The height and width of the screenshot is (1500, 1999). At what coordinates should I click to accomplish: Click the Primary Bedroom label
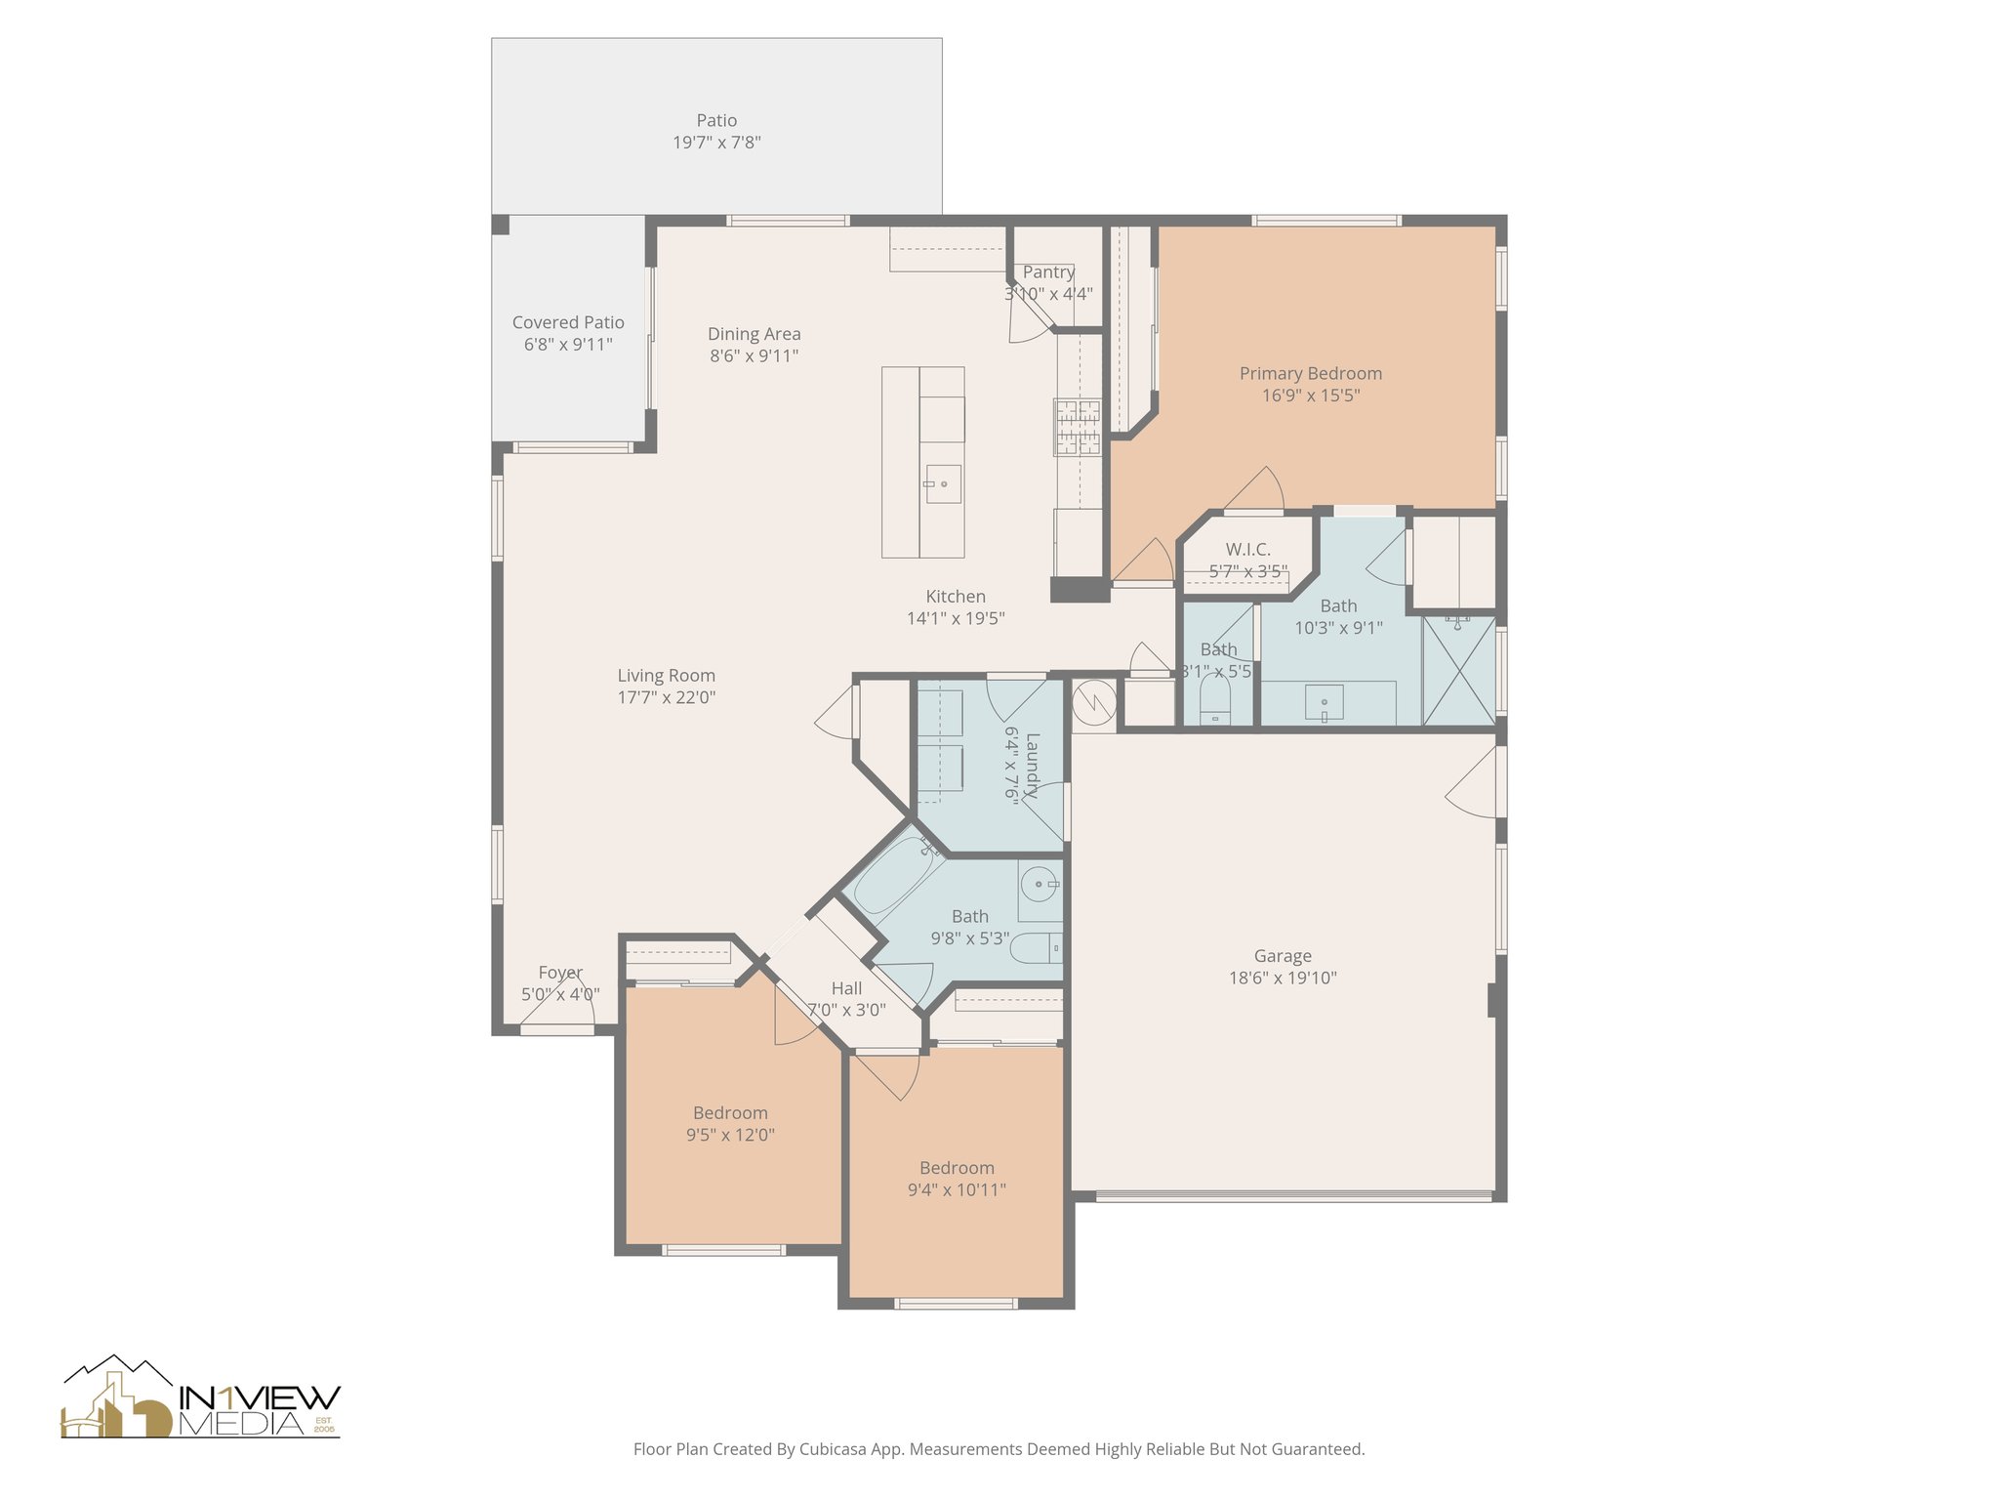coord(1310,373)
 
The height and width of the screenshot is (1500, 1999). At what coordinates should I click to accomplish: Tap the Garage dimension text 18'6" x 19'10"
coord(1283,978)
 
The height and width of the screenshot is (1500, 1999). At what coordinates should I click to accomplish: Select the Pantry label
coord(1048,271)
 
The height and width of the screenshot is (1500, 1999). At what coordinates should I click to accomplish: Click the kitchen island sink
coord(943,483)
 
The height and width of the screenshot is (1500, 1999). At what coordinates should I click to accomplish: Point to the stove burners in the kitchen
coord(1078,427)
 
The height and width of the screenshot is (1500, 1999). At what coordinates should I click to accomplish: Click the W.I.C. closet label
coord(1248,550)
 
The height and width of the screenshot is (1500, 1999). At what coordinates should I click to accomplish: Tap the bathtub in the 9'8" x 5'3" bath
coord(896,874)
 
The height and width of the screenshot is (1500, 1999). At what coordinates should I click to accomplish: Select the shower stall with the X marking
coord(1458,670)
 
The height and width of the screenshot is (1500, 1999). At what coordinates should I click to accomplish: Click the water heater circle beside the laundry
coord(1092,700)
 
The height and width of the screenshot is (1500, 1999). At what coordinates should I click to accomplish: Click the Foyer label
coord(560,973)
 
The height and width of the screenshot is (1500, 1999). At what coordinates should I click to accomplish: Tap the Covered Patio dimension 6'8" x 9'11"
coord(568,344)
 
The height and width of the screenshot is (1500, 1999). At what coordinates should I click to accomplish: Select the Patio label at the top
coord(716,120)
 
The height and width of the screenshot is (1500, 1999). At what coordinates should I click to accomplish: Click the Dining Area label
coord(755,334)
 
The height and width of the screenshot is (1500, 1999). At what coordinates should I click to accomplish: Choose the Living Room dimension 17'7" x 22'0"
coord(667,697)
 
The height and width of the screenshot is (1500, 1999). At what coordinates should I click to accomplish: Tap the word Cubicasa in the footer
coord(834,1449)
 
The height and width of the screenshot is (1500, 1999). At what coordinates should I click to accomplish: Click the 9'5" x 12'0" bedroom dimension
coord(730,1135)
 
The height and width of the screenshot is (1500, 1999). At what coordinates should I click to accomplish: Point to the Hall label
coord(846,988)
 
